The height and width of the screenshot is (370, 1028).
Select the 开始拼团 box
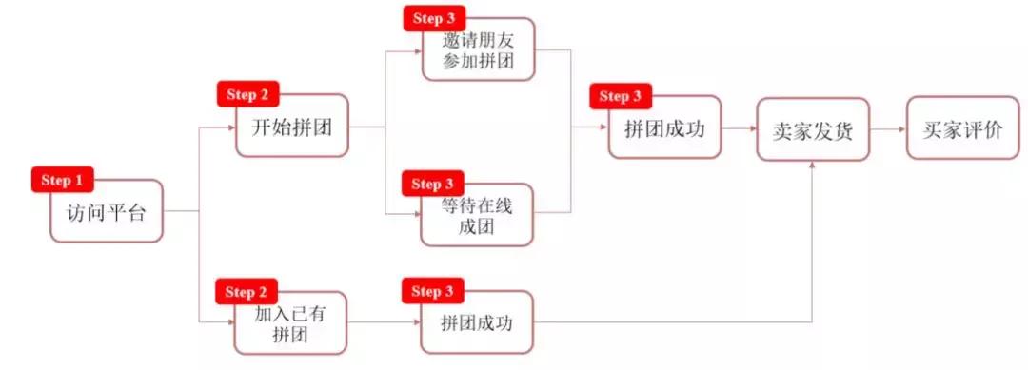coord(292,126)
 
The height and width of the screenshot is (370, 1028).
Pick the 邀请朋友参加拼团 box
coord(477,49)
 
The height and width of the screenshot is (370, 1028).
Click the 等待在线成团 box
coord(477,218)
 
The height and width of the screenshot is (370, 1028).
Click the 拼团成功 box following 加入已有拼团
coord(477,322)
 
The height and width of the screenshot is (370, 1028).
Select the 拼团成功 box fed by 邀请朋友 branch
coord(664,127)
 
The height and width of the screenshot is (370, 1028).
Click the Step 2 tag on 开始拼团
coord(250,94)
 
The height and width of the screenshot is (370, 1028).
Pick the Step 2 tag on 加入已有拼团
coord(247,291)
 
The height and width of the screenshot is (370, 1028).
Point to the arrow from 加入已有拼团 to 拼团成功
coord(384,322)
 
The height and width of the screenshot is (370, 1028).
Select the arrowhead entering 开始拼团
coord(231,127)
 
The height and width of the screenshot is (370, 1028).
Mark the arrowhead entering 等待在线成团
coord(416,216)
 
